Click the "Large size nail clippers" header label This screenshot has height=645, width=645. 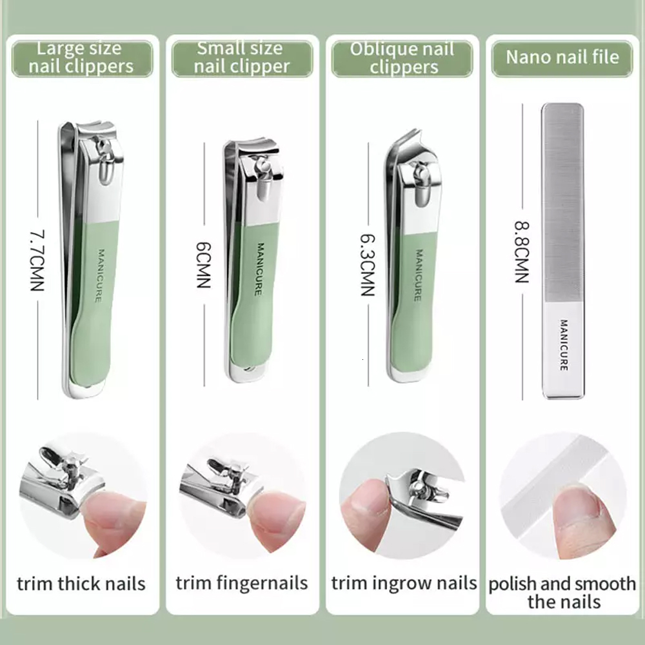[81, 57]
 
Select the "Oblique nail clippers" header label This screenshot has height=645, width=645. [402, 58]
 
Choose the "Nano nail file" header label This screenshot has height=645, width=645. [562, 57]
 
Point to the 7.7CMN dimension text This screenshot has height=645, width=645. [37, 261]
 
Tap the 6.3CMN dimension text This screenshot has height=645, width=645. [367, 264]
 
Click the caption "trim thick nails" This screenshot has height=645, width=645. [81, 584]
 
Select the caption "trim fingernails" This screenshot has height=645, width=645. [241, 584]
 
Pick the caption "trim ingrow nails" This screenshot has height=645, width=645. [404, 584]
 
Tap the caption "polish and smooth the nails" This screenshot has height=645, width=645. [562, 593]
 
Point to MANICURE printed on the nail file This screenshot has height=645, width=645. [563, 345]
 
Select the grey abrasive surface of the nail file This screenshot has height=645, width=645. [562, 200]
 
